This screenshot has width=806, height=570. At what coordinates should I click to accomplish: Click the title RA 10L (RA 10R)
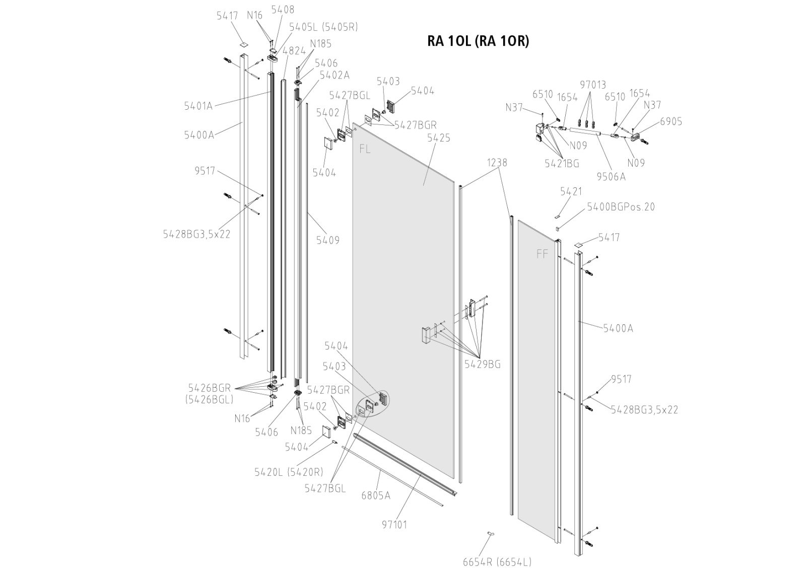tap(478, 41)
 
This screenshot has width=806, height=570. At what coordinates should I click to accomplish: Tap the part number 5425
tap(438, 138)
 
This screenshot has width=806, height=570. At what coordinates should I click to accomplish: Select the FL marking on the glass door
tap(365, 150)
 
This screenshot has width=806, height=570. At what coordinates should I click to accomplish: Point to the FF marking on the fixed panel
tap(542, 254)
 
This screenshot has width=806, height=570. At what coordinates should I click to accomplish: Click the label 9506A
tap(611, 177)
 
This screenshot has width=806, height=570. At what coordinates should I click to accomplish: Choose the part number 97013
tap(592, 85)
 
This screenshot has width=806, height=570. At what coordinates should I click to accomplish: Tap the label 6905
tap(671, 121)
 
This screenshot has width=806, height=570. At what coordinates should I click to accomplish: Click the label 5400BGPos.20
tap(621, 207)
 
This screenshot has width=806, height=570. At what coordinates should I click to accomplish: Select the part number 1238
tap(497, 163)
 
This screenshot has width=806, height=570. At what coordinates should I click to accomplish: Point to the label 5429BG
tap(482, 365)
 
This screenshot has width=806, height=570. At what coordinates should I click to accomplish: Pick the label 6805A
tap(375, 495)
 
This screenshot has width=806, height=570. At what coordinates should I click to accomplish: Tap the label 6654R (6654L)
tap(497, 562)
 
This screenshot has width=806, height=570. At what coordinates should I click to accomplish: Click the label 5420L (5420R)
tap(288, 472)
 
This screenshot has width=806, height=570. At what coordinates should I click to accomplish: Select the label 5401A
tap(198, 106)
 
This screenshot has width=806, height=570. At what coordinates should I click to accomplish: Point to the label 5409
tap(327, 240)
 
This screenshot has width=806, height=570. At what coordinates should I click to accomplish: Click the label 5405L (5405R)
tap(323, 27)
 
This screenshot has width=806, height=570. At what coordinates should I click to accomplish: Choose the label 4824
tap(294, 51)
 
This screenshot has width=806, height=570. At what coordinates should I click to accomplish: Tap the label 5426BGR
tap(209, 388)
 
